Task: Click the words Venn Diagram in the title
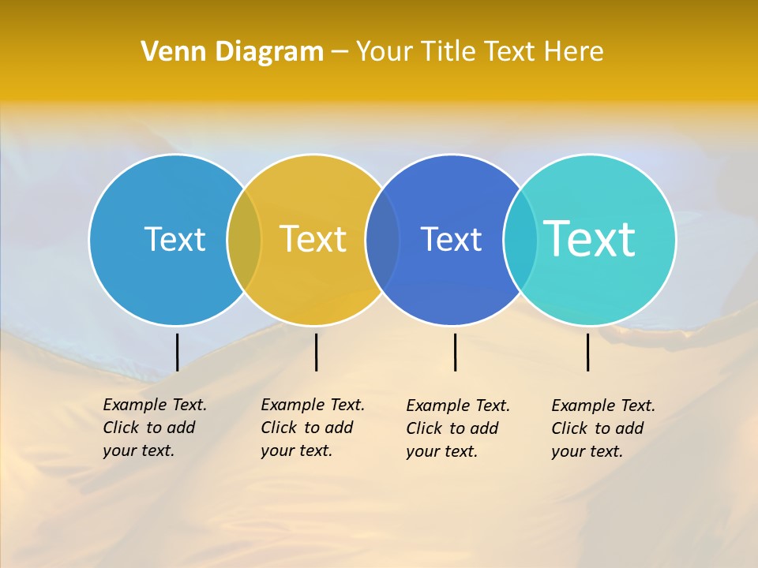(232, 51)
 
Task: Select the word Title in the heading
(446, 51)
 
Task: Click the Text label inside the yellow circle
(313, 239)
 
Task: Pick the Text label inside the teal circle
(590, 239)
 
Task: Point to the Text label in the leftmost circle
(174, 239)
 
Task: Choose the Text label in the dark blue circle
(451, 239)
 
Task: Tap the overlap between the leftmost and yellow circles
(244, 240)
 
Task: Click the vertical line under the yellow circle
(316, 352)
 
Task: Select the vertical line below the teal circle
(587, 352)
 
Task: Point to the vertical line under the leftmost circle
(177, 352)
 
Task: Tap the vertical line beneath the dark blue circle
(455, 352)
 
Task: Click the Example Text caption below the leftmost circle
(154, 428)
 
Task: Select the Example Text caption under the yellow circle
(312, 428)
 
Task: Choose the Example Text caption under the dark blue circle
(457, 428)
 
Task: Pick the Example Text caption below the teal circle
(602, 428)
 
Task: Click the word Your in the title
(385, 51)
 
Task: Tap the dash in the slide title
(340, 52)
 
